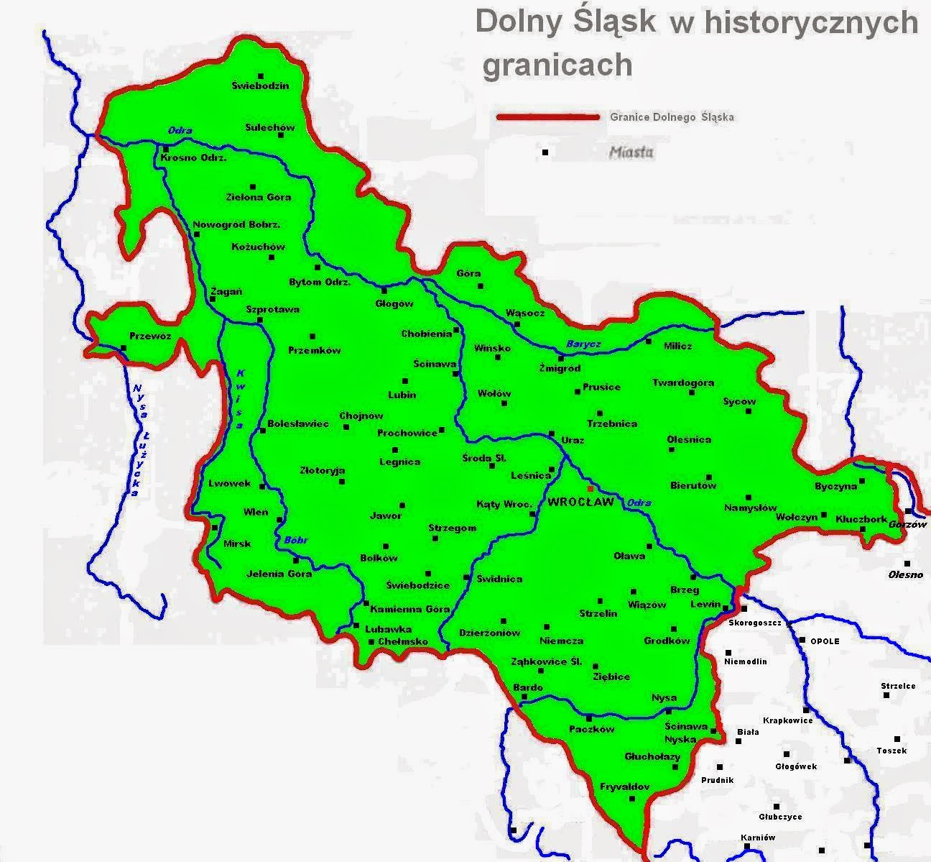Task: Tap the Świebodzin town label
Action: click(261, 86)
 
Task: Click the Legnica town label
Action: click(399, 462)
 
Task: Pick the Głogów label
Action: click(394, 303)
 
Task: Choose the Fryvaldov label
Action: click(625, 787)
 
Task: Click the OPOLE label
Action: click(825, 641)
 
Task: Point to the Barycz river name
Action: click(583, 344)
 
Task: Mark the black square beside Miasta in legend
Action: click(545, 152)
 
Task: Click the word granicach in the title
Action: click(557, 65)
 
